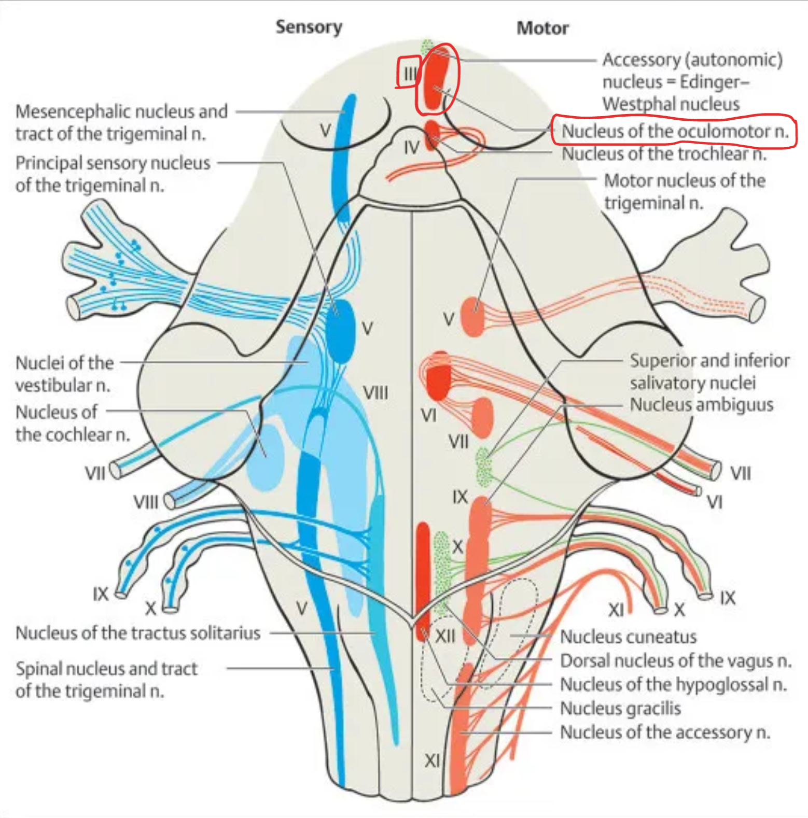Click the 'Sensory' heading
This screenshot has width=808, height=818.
[x=309, y=27]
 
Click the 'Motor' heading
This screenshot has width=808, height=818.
[x=542, y=28]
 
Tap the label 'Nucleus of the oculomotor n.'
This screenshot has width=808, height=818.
[x=675, y=132]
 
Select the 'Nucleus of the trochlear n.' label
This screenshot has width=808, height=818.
[x=664, y=154]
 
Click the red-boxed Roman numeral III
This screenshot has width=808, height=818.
[x=409, y=74]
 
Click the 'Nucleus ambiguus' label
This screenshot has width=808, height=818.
[x=701, y=405]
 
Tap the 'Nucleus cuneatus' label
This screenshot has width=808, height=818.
[x=628, y=637]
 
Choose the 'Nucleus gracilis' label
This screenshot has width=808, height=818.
[x=620, y=708]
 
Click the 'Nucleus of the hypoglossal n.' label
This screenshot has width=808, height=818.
[x=673, y=685]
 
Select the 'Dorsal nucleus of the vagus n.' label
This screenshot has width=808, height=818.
[x=675, y=661]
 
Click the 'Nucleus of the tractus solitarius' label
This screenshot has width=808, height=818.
[x=138, y=633]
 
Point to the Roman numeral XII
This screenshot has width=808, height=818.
[x=445, y=636]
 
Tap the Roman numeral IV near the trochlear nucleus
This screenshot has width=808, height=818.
[x=411, y=148]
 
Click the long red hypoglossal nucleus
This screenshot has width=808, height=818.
[x=423, y=575]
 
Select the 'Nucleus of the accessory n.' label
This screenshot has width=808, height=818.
[x=665, y=732]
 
